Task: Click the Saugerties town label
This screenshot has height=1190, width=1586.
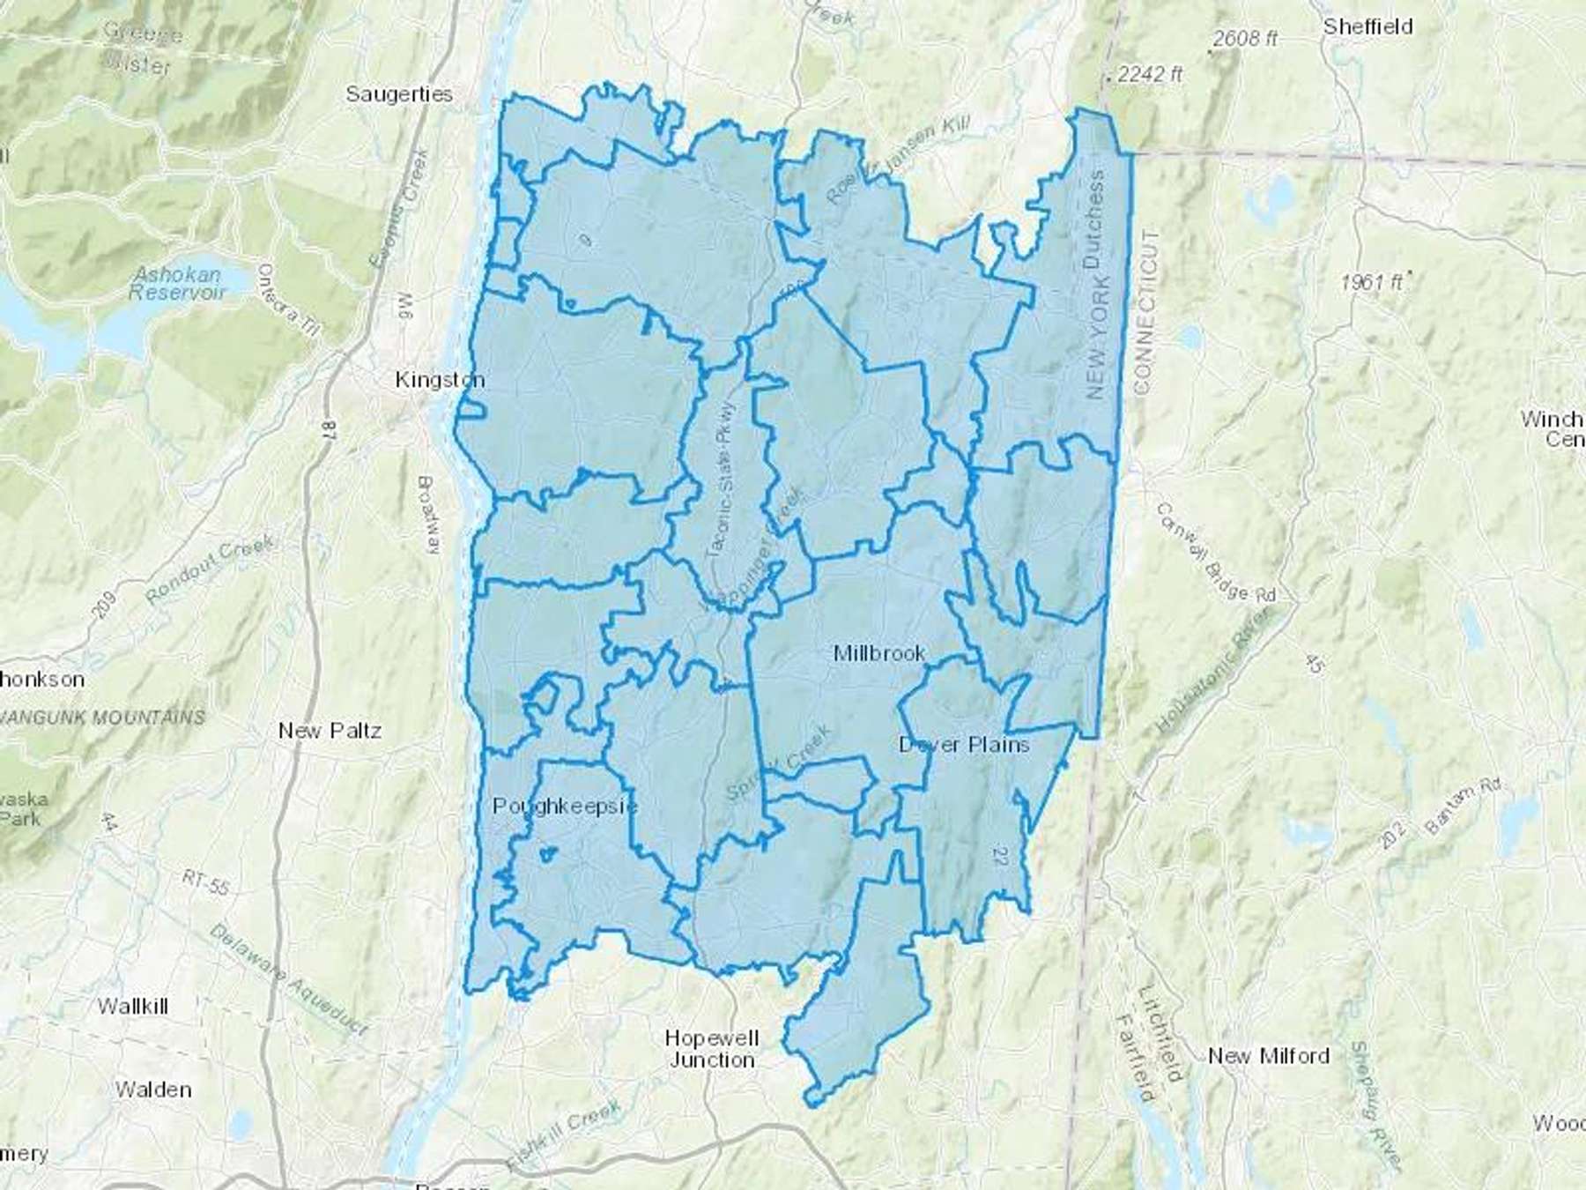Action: (399, 94)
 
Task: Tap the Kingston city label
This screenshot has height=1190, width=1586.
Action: (440, 380)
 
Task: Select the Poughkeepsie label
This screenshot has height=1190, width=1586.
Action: (565, 806)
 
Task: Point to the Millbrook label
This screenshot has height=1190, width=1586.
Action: (878, 653)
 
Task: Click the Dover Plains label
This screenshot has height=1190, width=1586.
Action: (964, 745)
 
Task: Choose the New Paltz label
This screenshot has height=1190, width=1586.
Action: (330, 731)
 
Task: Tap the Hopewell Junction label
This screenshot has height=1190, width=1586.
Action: (712, 1049)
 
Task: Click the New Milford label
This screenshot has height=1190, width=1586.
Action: (1268, 1056)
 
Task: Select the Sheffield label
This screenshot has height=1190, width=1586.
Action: (1367, 26)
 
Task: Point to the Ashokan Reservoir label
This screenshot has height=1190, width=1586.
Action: (177, 284)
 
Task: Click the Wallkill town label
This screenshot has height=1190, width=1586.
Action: (132, 1006)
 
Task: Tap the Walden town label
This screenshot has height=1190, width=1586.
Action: (153, 1090)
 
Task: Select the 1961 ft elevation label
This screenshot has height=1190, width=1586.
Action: (1371, 283)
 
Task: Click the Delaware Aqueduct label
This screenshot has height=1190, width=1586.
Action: (288, 979)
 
